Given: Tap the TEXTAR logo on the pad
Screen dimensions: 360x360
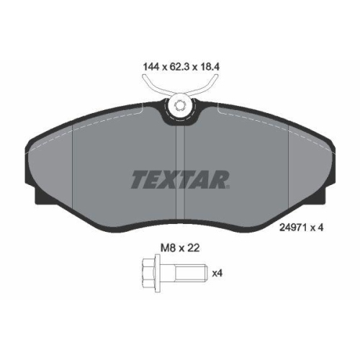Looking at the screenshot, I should (179, 179).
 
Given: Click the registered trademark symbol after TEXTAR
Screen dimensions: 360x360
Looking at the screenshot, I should (228, 188).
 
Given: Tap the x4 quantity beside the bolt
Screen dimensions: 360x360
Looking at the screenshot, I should (215, 274).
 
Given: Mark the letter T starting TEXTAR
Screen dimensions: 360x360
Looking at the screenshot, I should (138, 179).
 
